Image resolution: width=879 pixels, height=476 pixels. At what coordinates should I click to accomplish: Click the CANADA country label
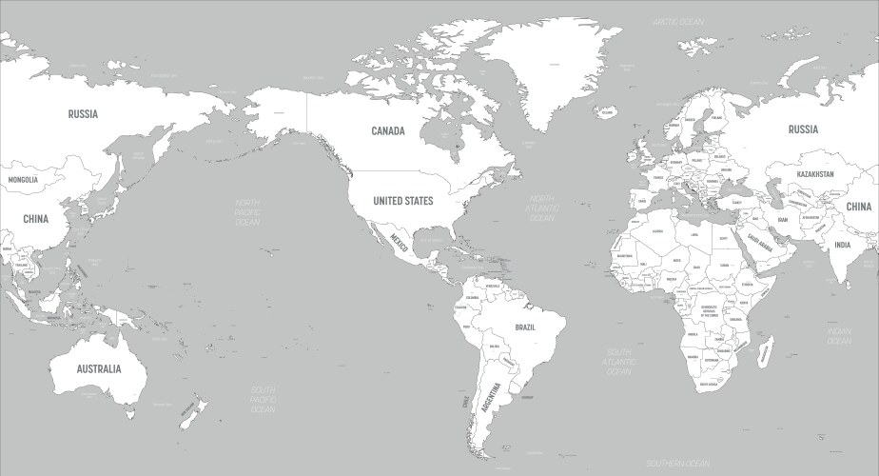[x=388, y=130]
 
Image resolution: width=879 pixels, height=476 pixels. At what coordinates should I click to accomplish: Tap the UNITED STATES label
[x=402, y=201]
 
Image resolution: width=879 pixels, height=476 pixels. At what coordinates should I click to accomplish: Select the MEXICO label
[x=400, y=241]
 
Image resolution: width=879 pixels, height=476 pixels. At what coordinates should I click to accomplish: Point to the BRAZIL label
[x=524, y=327]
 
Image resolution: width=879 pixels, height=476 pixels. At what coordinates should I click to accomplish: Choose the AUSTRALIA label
[x=99, y=368]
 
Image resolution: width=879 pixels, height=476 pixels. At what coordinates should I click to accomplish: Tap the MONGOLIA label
[x=22, y=180]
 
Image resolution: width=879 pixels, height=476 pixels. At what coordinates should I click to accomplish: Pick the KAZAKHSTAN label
[x=815, y=174]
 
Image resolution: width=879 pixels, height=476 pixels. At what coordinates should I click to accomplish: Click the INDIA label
[x=842, y=244]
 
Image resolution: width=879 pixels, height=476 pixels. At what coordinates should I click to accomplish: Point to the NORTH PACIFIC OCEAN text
[x=247, y=211]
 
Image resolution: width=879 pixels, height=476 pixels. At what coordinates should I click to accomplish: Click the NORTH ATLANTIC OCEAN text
[x=541, y=207]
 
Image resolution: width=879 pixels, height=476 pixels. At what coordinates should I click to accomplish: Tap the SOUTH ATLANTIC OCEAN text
[x=618, y=362]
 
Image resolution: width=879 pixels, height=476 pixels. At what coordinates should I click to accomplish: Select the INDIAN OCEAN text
[x=838, y=335]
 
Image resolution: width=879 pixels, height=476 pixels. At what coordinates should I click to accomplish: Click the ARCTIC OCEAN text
[x=677, y=20]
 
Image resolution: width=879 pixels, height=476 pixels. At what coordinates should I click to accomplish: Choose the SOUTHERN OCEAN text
[x=673, y=463]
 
